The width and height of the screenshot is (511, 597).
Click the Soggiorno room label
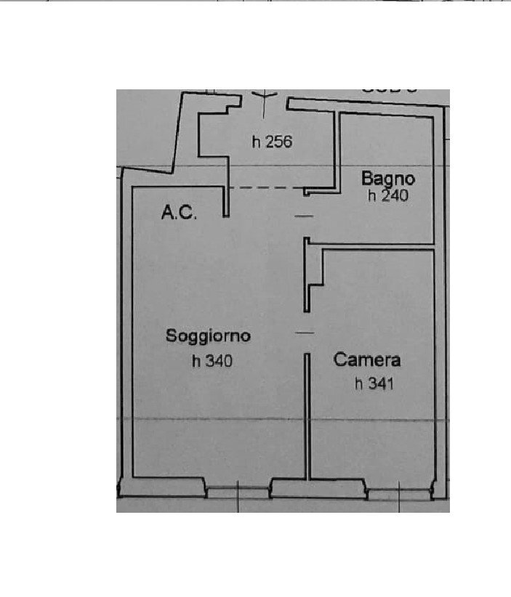click(x=208, y=336)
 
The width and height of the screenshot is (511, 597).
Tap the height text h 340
click(x=212, y=360)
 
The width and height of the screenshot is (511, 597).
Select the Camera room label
click(x=367, y=360)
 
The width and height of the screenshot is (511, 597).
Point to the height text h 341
click(x=373, y=384)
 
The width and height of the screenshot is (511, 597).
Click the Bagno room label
click(x=389, y=178)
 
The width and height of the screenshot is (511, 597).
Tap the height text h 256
click(x=272, y=142)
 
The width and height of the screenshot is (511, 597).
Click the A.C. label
click(x=178, y=212)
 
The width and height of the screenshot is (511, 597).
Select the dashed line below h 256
click(x=265, y=189)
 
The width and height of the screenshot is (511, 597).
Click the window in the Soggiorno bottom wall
click(x=238, y=492)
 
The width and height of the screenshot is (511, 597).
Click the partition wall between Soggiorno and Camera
click(x=308, y=414)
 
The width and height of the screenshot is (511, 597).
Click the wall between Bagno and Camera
click(x=378, y=248)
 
